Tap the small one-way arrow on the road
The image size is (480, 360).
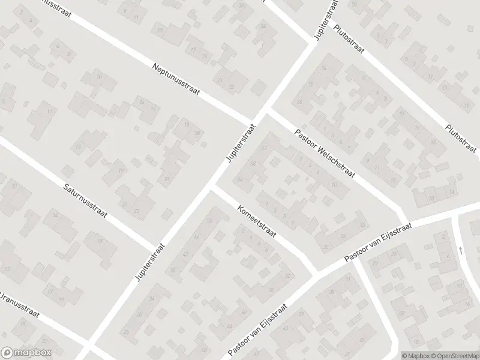461,250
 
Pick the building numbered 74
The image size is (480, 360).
324,68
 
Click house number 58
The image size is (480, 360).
253,163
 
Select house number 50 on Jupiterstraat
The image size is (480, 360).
209,221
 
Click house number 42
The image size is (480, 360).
326,247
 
